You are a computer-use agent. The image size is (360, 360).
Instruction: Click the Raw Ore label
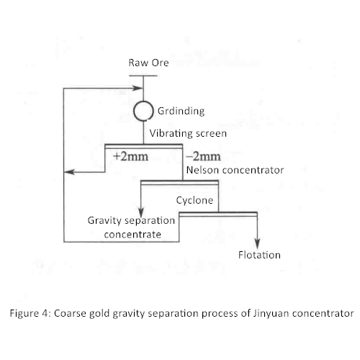pyautogui.click(x=148, y=63)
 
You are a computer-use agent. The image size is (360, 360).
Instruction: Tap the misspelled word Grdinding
pyautogui.click(x=181, y=112)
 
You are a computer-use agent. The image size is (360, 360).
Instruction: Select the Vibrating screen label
pyautogui.click(x=188, y=133)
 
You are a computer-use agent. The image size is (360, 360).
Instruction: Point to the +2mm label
pyautogui.click(x=131, y=156)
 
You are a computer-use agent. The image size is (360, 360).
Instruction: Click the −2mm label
pyautogui.click(x=203, y=156)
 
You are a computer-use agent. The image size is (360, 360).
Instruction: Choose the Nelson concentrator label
pyautogui.click(x=235, y=170)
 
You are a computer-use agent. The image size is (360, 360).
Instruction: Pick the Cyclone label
pyautogui.click(x=194, y=200)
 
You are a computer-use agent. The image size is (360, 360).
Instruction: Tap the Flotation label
pyautogui.click(x=259, y=255)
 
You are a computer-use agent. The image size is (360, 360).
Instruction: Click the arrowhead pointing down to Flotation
pyautogui.click(x=257, y=244)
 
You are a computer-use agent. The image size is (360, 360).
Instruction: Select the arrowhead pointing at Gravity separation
pyautogui.click(x=141, y=212)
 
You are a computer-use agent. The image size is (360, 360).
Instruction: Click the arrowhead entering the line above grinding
pyautogui.click(x=138, y=88)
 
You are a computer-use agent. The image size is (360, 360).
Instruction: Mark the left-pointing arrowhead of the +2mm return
pyautogui.click(x=70, y=172)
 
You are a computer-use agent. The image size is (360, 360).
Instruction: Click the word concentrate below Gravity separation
pyautogui.click(x=132, y=235)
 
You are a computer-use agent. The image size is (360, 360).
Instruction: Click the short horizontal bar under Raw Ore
pyautogui.click(x=143, y=76)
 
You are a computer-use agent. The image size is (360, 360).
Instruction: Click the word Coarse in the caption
pyautogui.click(x=70, y=313)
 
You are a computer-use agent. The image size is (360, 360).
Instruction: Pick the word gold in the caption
pyautogui.click(x=99, y=314)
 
